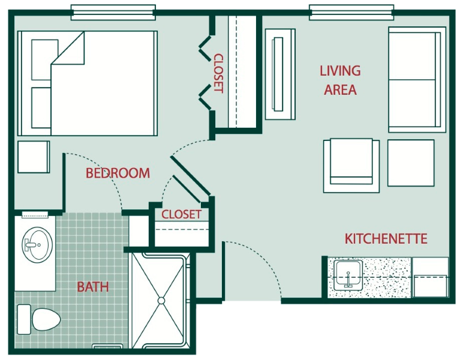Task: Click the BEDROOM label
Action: [x=118, y=173]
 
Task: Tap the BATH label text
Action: [x=93, y=287]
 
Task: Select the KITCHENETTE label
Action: [x=386, y=239]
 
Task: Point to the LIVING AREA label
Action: [x=340, y=80]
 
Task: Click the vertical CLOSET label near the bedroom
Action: [x=219, y=73]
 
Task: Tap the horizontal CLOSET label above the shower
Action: [x=181, y=214]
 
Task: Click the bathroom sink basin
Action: [x=37, y=245]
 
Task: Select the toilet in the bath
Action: [x=39, y=320]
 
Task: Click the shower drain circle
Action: [x=161, y=301]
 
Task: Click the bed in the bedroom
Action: [x=88, y=83]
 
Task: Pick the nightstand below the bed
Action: [x=34, y=157]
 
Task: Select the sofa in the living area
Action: [x=417, y=80]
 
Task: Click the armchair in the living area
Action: [x=351, y=166]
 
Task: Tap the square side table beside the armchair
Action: [x=411, y=163]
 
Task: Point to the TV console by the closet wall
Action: [x=280, y=74]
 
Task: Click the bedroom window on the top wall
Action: [x=113, y=13]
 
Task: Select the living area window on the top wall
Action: [x=351, y=13]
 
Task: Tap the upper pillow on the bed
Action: [x=44, y=60]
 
